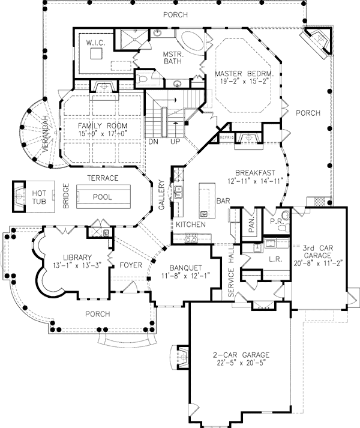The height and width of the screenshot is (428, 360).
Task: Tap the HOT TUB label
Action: (39, 197)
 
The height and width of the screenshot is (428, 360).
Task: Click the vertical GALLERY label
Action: (161, 194)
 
